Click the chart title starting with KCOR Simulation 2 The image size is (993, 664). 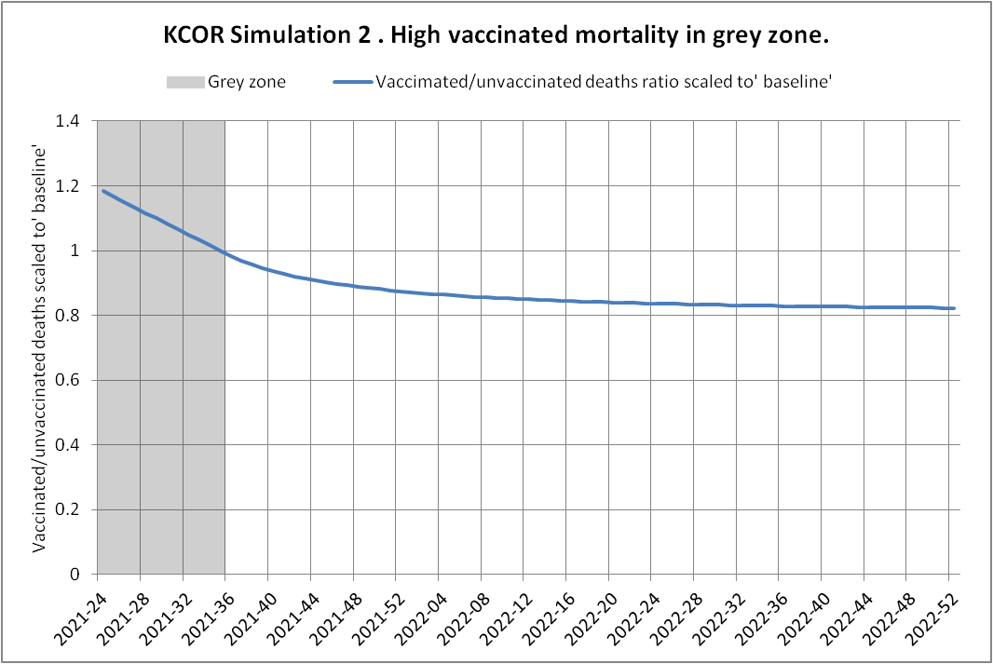coord(496,38)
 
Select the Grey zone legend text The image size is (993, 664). coord(247,82)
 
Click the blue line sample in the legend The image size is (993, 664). coord(351,82)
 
